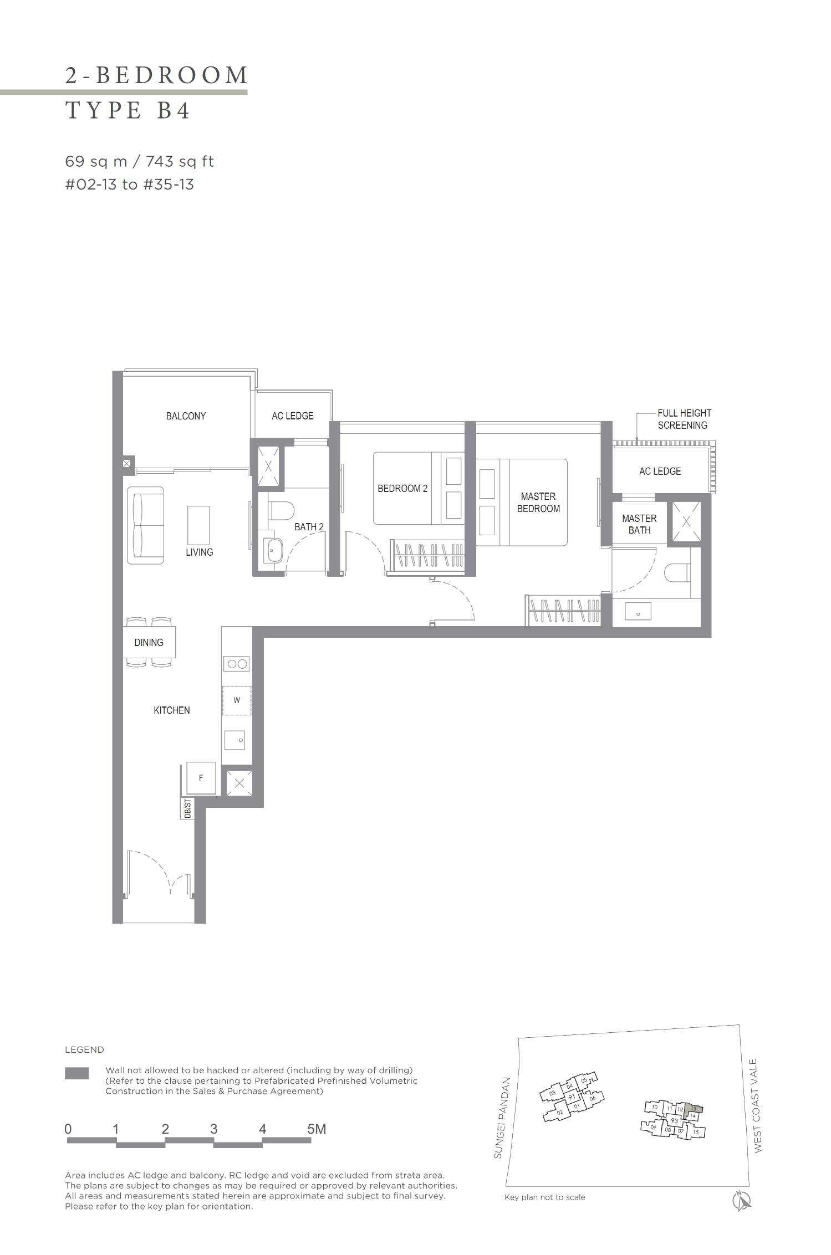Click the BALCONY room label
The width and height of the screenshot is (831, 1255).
pyautogui.click(x=186, y=416)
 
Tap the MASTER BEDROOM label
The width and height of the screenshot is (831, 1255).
pyautogui.click(x=538, y=503)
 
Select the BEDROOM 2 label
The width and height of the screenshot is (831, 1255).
pyautogui.click(x=402, y=489)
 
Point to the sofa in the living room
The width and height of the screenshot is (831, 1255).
pyautogui.click(x=146, y=525)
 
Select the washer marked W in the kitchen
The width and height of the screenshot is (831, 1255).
pyautogui.click(x=237, y=700)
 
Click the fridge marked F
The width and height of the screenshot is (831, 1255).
pyautogui.click(x=201, y=778)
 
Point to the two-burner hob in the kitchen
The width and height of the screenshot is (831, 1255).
pyautogui.click(x=237, y=664)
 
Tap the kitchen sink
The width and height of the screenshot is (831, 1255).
pyautogui.click(x=234, y=740)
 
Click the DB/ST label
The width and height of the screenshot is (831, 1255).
pyautogui.click(x=187, y=808)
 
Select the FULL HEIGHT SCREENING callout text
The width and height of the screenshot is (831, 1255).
pyautogui.click(x=684, y=419)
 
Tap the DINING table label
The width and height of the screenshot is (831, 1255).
pyautogui.click(x=149, y=643)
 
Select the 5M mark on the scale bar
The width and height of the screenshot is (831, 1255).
pyautogui.click(x=317, y=1129)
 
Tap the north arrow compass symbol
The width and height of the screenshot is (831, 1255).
pyautogui.click(x=742, y=1200)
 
